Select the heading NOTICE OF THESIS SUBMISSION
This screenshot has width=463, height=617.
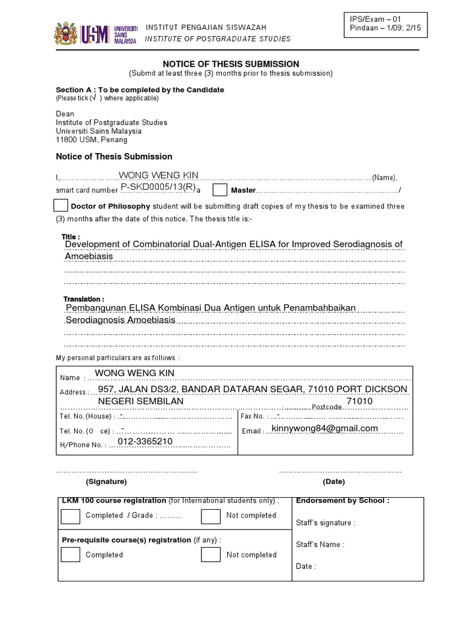[x=231, y=64]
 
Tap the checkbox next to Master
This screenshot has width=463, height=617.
[x=220, y=190]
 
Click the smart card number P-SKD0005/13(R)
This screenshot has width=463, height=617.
[x=158, y=187]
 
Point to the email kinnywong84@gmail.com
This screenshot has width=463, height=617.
[x=325, y=428]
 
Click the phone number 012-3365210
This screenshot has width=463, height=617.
[x=145, y=442]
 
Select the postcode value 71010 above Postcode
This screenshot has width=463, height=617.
[x=359, y=401]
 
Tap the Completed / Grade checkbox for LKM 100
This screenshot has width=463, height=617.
[x=71, y=516]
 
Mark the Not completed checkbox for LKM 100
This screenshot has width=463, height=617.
[x=210, y=516]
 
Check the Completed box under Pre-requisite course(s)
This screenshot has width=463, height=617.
[x=71, y=555]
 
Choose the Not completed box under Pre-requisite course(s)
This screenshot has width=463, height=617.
[x=210, y=555]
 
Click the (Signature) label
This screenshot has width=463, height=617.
[x=106, y=482]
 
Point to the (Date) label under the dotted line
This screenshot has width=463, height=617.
[x=333, y=482]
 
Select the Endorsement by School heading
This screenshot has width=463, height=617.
[x=342, y=501]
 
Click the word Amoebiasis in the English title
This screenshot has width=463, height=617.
[x=89, y=256]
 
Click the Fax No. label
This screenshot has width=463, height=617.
[x=252, y=416]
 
